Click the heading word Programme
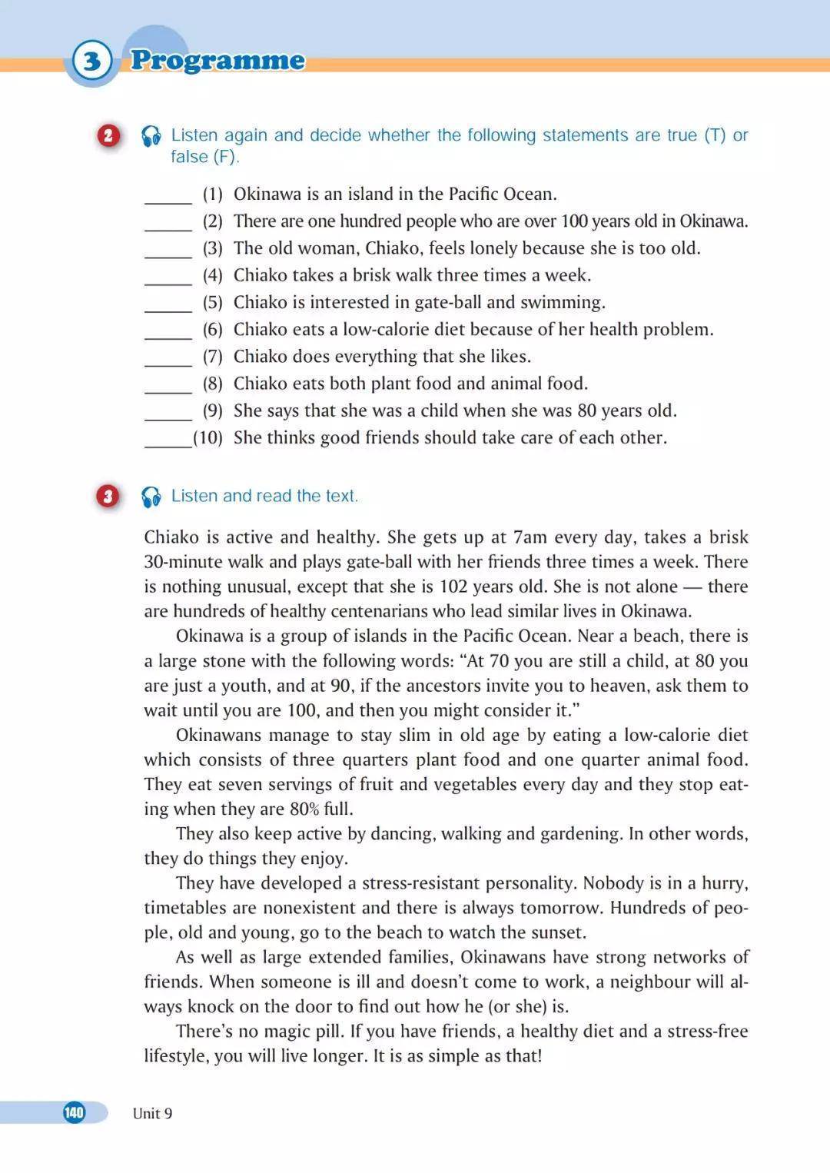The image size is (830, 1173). click(x=217, y=60)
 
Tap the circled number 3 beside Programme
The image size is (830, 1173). click(x=91, y=60)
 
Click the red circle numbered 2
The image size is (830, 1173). click(x=108, y=136)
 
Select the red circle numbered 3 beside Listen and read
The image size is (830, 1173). click(x=108, y=497)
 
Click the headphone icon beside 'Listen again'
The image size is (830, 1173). click(x=151, y=137)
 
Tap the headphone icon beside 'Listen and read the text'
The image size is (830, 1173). click(x=151, y=497)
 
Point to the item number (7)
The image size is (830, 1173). click(x=213, y=357)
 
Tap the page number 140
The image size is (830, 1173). click(x=74, y=1112)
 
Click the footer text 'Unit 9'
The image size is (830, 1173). click(x=152, y=1113)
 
